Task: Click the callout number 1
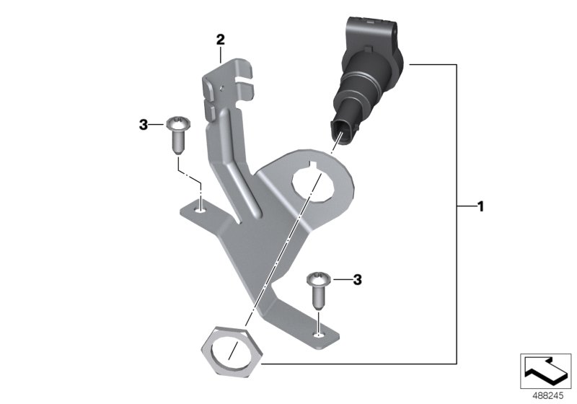(x=480, y=207)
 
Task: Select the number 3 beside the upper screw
(x=143, y=126)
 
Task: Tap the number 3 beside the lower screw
(x=356, y=278)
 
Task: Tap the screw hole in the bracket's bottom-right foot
(x=318, y=334)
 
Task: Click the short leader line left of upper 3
(x=158, y=126)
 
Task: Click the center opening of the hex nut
(x=229, y=352)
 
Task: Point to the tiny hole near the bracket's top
(x=223, y=87)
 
